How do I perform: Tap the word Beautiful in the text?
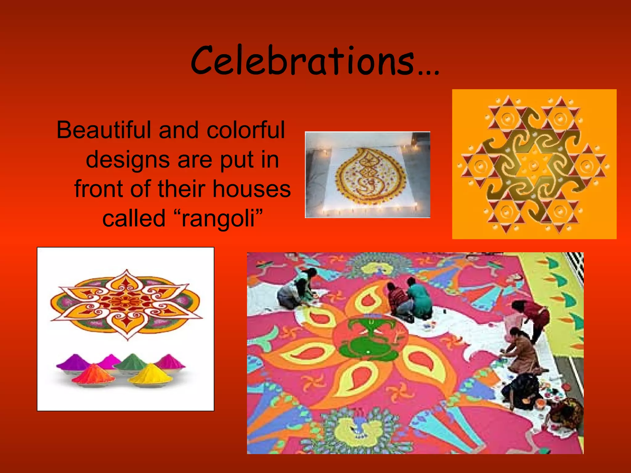(x=103, y=130)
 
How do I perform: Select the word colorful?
(x=246, y=130)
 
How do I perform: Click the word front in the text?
(x=98, y=189)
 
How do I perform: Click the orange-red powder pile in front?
(x=93, y=374)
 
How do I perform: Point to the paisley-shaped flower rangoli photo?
(x=367, y=175)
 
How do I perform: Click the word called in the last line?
(x=134, y=218)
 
